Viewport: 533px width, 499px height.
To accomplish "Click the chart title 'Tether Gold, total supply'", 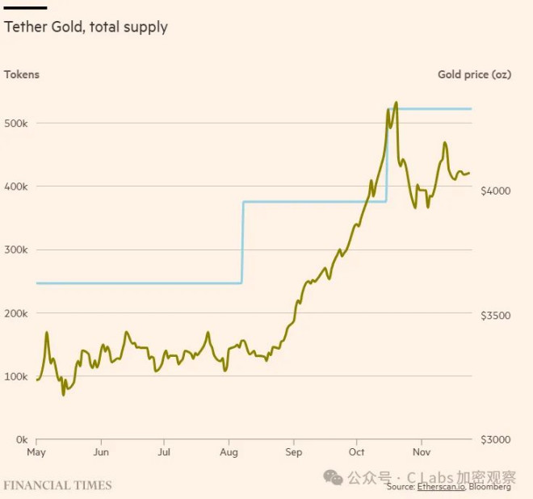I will click(x=86, y=27).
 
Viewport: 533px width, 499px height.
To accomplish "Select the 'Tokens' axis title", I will click(x=22, y=75).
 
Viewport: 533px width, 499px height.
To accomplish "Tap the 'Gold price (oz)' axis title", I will click(x=474, y=75).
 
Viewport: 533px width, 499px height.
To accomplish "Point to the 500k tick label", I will click(x=17, y=124).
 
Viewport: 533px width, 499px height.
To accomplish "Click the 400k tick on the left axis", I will click(x=17, y=187).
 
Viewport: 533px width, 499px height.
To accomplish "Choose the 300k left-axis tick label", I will click(x=17, y=250).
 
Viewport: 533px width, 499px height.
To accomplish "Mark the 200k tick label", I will click(x=17, y=313).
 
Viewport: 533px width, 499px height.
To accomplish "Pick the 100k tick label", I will click(x=17, y=376).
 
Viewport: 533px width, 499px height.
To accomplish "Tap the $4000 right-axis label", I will click(x=495, y=191).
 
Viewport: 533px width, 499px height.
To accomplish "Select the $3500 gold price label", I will click(x=495, y=316).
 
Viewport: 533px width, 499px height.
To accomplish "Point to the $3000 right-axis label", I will click(x=495, y=440).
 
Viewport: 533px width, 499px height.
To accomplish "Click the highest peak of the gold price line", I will click(x=396, y=103).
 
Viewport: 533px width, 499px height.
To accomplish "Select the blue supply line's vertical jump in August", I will click(x=242, y=242).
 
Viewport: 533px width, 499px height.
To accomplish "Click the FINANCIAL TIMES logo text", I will click(x=57, y=485).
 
